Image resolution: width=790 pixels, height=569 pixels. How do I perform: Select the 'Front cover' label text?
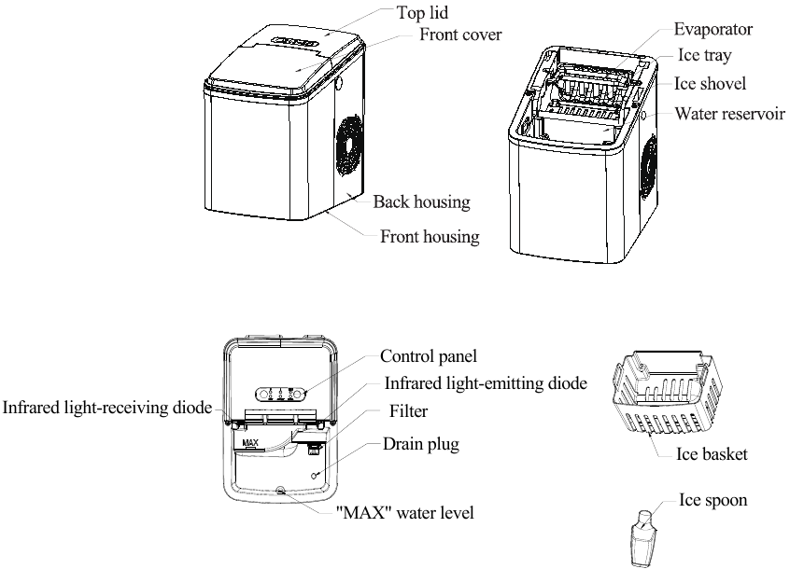point(460,35)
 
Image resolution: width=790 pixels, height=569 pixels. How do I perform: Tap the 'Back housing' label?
point(421,201)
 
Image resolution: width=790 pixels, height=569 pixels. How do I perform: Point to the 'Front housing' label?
point(430,237)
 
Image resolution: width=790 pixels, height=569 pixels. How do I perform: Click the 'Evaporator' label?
point(713,29)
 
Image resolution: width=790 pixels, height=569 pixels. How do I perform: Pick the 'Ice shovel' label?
point(711,84)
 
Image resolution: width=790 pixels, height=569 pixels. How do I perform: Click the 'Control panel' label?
point(429,356)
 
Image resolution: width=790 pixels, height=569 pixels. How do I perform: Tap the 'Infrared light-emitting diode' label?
point(486,383)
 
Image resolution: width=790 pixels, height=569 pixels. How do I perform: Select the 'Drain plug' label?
point(421,444)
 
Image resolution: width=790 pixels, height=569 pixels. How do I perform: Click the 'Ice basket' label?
point(712,455)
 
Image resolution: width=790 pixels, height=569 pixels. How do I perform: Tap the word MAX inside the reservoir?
point(249,443)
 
